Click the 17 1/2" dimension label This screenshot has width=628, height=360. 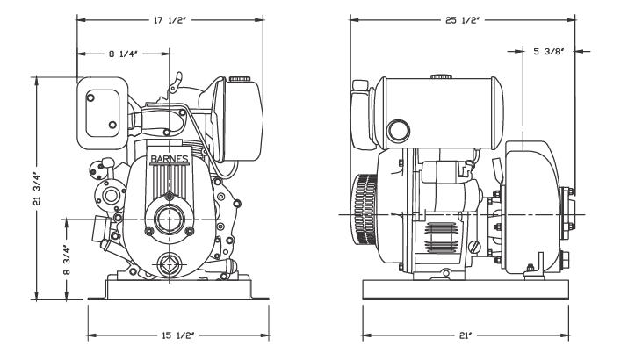pyautogui.click(x=170, y=20)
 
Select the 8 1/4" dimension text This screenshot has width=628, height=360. pyautogui.click(x=123, y=54)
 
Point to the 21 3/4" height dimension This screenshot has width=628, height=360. pyautogui.click(x=37, y=189)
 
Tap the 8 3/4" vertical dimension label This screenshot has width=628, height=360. pyautogui.click(x=67, y=260)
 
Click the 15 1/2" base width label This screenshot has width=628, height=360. pyautogui.click(x=177, y=335)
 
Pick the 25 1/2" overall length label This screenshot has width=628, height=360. pyautogui.click(x=463, y=20)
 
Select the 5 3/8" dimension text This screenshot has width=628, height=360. pyautogui.click(x=549, y=51)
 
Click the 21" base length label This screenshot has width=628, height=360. pyautogui.click(x=464, y=335)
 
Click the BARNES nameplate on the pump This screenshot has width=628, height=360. pyautogui.click(x=169, y=159)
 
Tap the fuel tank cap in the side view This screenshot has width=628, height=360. pyautogui.click(x=441, y=76)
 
